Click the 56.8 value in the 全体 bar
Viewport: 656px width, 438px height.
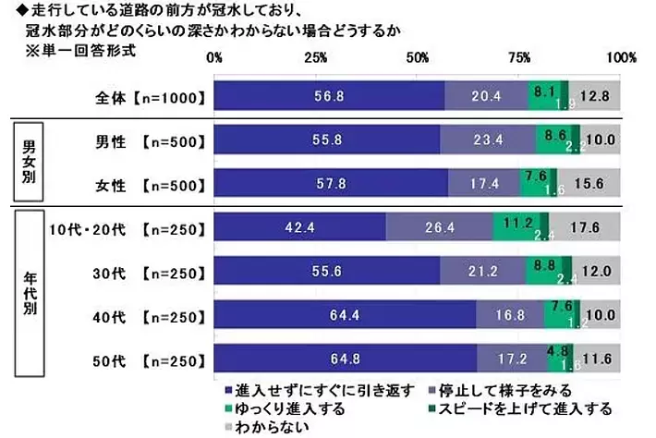coord(329,95)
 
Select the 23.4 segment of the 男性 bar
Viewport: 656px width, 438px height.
coord(487,141)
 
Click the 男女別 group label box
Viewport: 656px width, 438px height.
coord(29,161)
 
